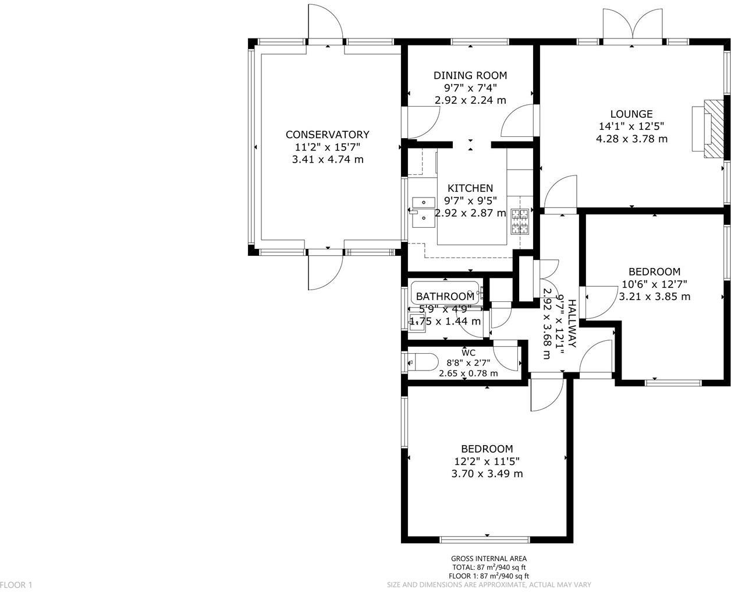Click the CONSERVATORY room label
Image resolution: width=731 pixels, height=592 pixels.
pyautogui.click(x=327, y=135)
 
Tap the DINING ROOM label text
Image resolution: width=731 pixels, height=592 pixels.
pyautogui.click(x=470, y=75)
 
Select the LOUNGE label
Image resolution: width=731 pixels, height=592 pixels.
pyautogui.click(x=631, y=114)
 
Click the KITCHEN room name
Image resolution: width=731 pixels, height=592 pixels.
pyautogui.click(x=470, y=188)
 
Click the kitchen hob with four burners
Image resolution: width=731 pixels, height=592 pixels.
pyautogui.click(x=520, y=221)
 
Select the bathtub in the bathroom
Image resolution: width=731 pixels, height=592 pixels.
pyautogui.click(x=445, y=291)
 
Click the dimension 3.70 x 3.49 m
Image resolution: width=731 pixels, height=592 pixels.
pyautogui.click(x=487, y=474)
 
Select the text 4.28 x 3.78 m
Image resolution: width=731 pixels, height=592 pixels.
pyautogui.click(x=631, y=139)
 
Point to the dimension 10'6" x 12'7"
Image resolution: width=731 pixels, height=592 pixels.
pyautogui.click(x=654, y=284)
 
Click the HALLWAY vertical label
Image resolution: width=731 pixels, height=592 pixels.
pyautogui.click(x=572, y=324)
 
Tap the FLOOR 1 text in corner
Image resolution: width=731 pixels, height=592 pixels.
pyautogui.click(x=17, y=584)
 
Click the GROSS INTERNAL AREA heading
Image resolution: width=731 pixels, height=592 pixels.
pyautogui.click(x=489, y=559)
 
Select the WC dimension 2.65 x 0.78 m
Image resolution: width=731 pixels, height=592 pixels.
pyautogui.click(x=469, y=373)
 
